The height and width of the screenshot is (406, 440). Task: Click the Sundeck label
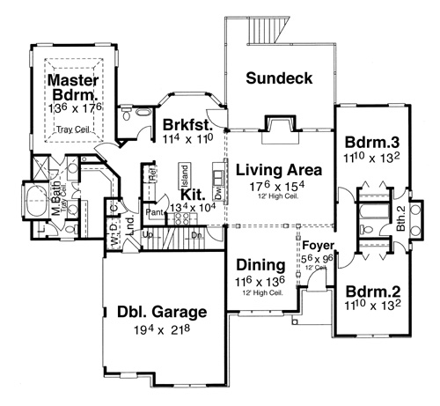pos(280,78)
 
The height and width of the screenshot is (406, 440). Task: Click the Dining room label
pos(260,265)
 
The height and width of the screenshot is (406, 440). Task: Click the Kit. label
pos(192,193)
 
